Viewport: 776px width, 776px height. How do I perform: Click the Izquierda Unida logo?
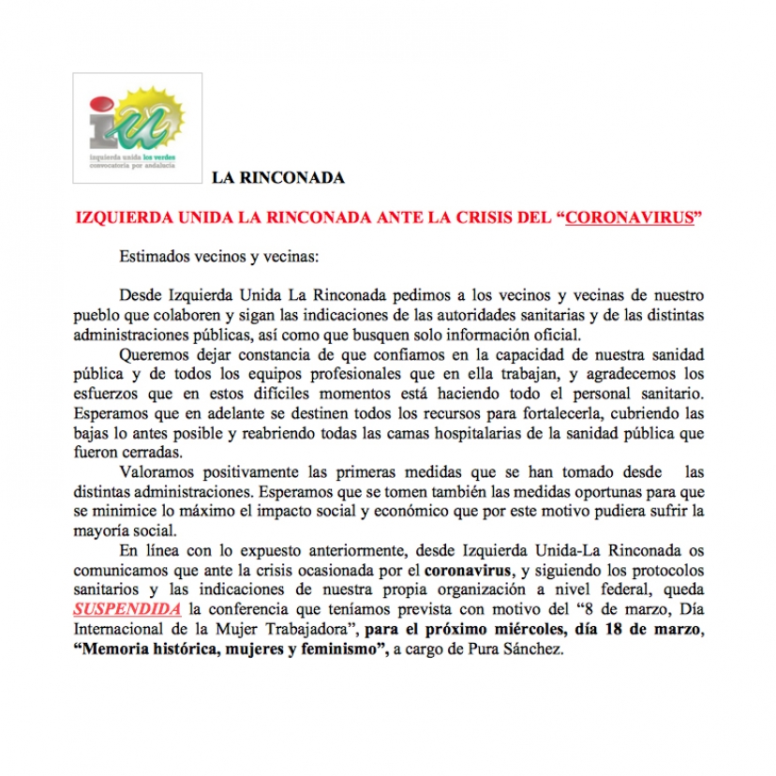[x=138, y=127]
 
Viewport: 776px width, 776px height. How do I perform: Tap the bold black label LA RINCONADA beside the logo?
[x=278, y=177]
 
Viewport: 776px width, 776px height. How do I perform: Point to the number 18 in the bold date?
[x=605, y=629]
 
